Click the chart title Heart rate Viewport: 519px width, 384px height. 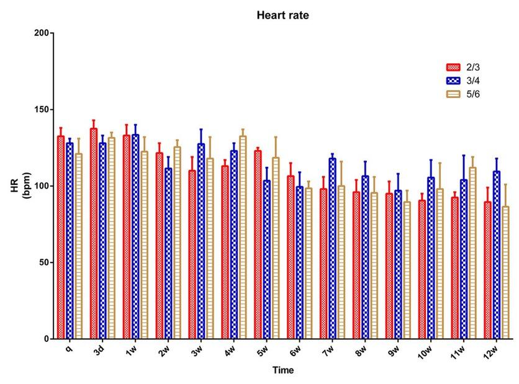[282, 16]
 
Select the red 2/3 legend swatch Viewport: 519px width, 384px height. [453, 67]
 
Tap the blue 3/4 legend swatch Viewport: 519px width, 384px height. [453, 81]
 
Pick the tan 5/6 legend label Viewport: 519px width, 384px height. [473, 94]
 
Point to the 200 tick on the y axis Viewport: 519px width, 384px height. [42, 33]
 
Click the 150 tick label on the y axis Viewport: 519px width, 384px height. [42, 109]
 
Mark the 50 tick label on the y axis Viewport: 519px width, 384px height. [44, 262]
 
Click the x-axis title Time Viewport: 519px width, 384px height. [283, 370]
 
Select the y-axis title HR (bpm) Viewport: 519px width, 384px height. [20, 185]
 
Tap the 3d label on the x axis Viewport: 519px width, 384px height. [99, 350]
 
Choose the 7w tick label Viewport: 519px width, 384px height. [328, 351]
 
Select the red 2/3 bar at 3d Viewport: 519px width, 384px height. [94, 233]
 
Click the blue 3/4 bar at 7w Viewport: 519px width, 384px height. [332, 248]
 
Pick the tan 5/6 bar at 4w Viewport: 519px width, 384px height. [243, 237]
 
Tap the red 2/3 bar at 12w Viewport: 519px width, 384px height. [487, 270]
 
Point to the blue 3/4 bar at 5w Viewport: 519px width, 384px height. [267, 259]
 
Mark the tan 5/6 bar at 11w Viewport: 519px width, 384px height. [472, 252]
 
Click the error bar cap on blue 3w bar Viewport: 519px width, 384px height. [201, 129]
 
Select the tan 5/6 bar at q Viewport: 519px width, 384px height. [79, 246]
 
